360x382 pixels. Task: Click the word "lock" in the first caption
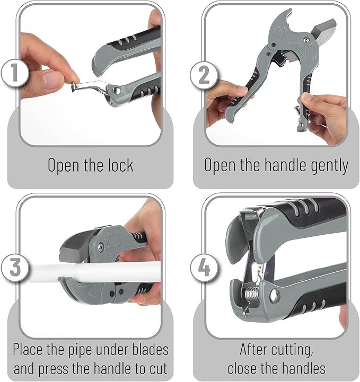tap(119, 165)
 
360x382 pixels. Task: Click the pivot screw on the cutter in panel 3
tap(99, 246)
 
